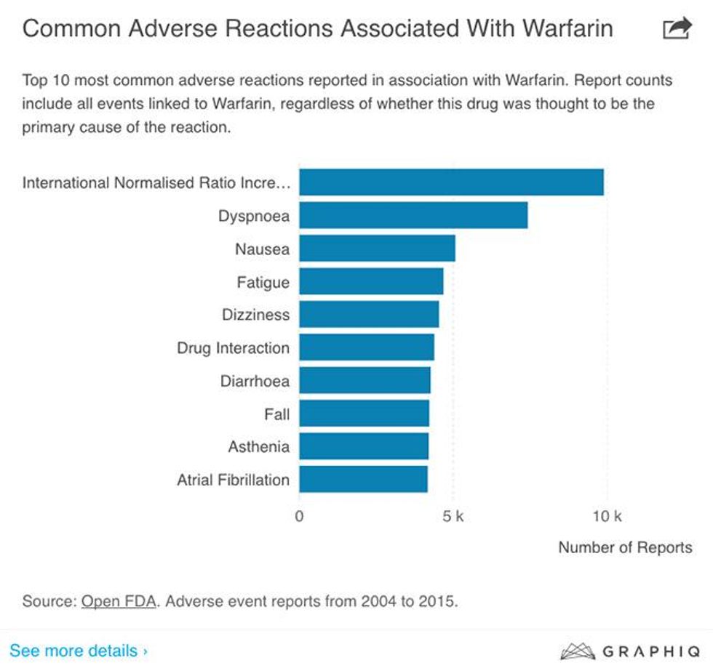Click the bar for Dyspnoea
click(413, 216)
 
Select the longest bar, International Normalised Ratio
click(451, 182)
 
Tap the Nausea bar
click(377, 249)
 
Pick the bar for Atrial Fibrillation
click(363, 480)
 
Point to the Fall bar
click(364, 414)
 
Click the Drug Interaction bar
click(367, 347)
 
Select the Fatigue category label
click(263, 282)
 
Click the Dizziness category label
click(255, 315)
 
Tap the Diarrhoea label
click(255, 381)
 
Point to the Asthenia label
click(258, 446)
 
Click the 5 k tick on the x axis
click(453, 517)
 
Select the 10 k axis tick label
click(607, 517)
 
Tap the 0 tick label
click(299, 517)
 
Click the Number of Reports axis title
click(625, 547)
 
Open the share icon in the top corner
click(677, 29)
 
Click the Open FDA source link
click(119, 601)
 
